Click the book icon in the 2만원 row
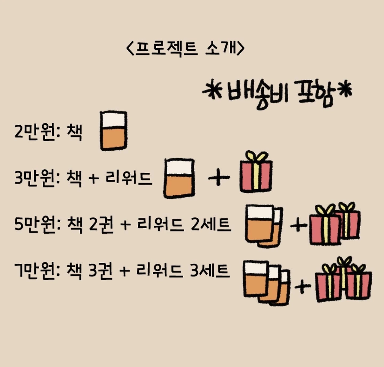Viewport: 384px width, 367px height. tap(113, 131)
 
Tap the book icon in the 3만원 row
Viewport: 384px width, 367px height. tap(179, 178)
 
